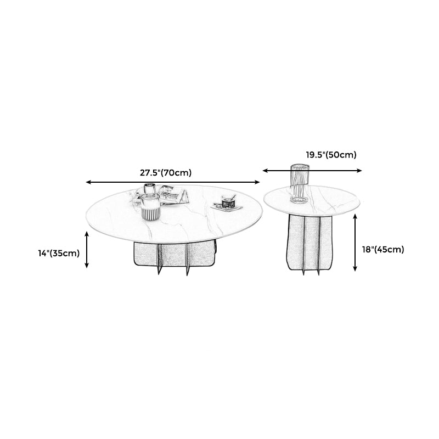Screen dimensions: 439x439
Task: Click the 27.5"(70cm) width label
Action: tap(166, 173)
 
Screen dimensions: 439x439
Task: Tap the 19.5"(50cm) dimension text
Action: tap(331, 155)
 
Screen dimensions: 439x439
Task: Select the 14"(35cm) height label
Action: tap(59, 253)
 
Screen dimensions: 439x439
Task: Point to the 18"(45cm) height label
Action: tap(383, 249)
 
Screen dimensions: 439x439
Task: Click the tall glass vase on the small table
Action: tap(300, 184)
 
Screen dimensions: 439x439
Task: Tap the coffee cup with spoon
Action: tap(229, 201)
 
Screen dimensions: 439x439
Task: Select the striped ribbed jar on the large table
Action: tap(150, 207)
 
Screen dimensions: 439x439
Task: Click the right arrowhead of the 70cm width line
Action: tap(257, 182)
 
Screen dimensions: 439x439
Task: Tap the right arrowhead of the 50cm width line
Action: tap(359, 171)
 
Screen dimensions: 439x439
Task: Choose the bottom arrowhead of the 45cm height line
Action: tap(355, 268)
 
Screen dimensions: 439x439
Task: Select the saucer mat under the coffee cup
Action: tap(227, 207)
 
